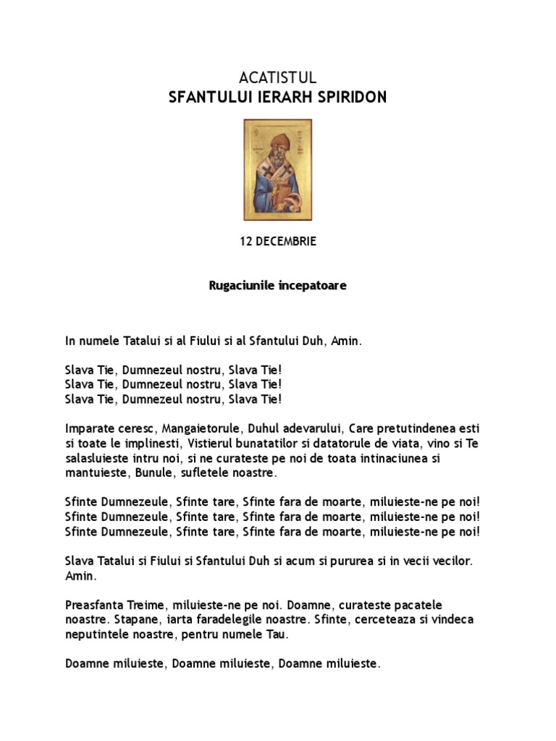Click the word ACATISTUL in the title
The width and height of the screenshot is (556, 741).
277,78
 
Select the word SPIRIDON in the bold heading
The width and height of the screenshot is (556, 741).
352,97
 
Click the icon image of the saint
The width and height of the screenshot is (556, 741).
277,169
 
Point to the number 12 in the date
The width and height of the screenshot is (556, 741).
246,242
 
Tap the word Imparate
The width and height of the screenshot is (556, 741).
88,428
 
